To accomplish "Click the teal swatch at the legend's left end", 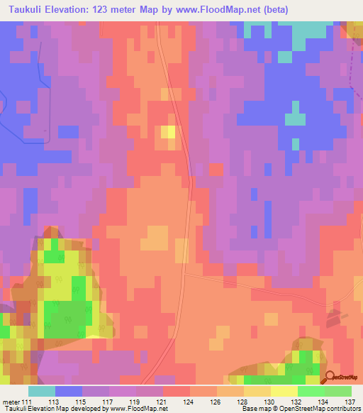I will pos(42,391).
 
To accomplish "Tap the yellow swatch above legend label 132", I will pos(284,391).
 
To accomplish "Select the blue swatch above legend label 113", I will pos(69,391).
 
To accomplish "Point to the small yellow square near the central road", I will pos(168,131).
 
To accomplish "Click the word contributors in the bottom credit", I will pos(342,409).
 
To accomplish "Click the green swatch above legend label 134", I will pos(311,391).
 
